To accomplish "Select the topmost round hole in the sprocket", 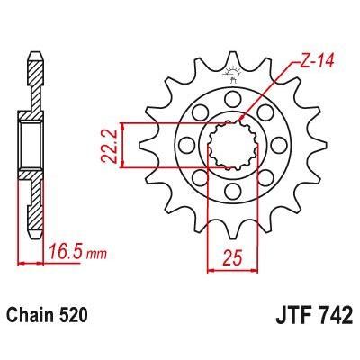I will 231,96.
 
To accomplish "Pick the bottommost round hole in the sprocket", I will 231,192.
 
